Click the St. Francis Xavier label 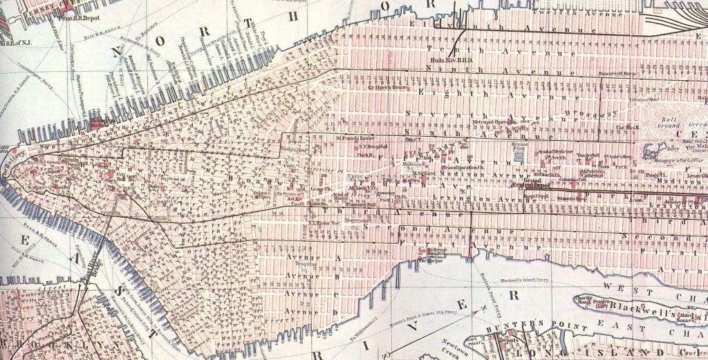[x=355, y=138]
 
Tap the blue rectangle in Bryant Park [x=520, y=158]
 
